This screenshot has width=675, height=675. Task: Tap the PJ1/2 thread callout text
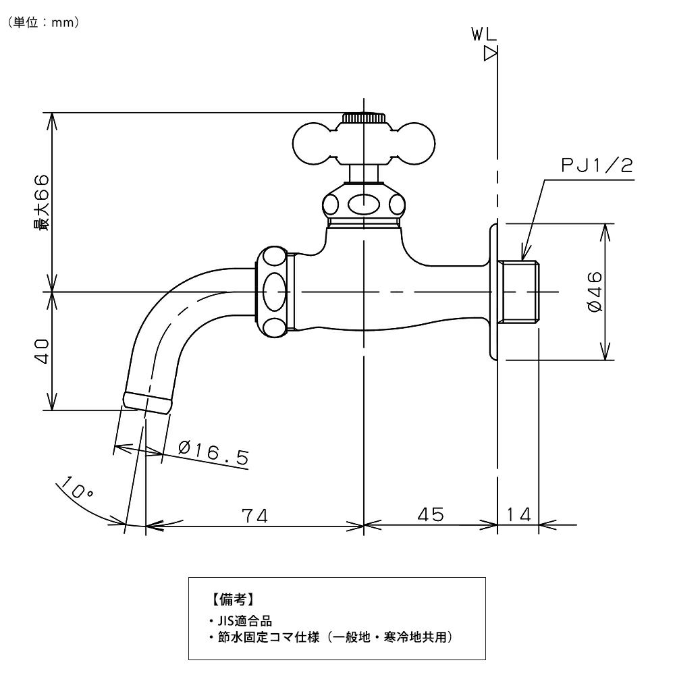(598, 165)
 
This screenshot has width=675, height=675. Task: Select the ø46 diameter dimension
(595, 292)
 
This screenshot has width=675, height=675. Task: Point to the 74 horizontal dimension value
(255, 515)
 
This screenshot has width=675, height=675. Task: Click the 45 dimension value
(430, 514)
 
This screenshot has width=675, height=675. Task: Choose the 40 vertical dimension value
(42, 351)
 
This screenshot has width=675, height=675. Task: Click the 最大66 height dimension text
(42, 202)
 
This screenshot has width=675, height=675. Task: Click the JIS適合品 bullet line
(241, 620)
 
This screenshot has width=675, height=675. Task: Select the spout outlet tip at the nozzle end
(146, 402)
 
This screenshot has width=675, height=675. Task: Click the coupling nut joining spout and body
(275, 292)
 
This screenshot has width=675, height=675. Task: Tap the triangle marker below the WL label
(491, 55)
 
